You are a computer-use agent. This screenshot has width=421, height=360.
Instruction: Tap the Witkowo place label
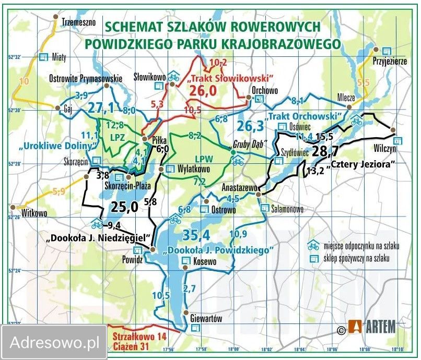coord(34,213)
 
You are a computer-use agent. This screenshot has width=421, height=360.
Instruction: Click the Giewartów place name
coord(205,318)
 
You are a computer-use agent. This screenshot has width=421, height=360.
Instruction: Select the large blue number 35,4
coord(195,233)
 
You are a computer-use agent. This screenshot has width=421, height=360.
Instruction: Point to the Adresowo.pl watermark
coord(54,343)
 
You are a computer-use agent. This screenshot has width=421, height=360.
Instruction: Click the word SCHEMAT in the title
coord(133,27)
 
